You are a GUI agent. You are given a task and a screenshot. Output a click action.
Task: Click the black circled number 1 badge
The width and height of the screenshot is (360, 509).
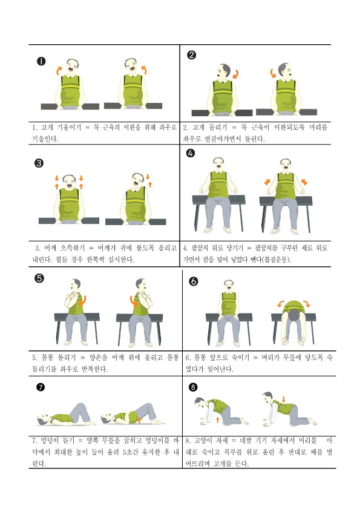tap(41, 61)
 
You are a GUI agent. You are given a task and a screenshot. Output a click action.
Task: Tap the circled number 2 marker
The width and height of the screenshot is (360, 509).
tap(192, 55)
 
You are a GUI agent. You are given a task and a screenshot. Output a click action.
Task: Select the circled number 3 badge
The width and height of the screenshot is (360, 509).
tap(39, 163)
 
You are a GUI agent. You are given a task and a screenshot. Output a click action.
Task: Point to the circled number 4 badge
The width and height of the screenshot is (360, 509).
tap(191, 153)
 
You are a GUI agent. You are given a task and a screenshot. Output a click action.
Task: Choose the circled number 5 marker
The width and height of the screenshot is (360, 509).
tap(39, 278)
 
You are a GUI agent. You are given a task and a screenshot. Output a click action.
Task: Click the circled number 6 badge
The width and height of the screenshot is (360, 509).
tap(193, 281)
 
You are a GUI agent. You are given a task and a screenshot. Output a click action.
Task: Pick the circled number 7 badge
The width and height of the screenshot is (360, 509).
tap(41, 387)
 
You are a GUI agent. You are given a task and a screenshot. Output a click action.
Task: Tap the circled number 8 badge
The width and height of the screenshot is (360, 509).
tap(193, 387)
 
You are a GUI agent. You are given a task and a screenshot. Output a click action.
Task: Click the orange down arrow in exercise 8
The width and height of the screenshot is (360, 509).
tap(284, 399)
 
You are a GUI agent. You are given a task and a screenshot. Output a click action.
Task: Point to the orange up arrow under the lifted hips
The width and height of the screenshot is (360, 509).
tap(140, 420)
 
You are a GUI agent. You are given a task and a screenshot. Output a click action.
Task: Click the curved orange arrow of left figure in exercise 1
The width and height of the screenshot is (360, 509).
tap(59, 70)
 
